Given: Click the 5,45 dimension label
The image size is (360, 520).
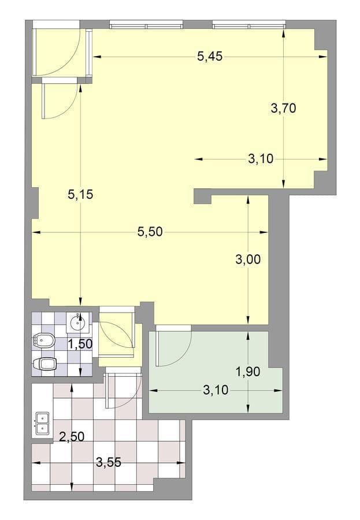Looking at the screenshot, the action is [210, 57].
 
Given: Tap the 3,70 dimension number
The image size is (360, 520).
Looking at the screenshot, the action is [283, 108].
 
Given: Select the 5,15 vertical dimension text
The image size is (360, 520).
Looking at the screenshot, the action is [80, 194].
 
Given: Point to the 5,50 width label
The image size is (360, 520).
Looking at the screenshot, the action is [150, 232].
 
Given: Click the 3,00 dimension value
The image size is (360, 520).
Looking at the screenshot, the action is [248, 259].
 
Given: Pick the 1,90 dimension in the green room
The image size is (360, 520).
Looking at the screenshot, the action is [248, 372].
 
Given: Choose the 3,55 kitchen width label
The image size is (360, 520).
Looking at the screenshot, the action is [109, 462].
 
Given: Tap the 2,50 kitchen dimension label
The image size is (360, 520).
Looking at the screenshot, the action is [72, 436].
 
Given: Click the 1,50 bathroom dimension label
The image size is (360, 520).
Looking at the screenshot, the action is [80, 344].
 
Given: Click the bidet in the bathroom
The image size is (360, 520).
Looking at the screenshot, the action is [43, 340].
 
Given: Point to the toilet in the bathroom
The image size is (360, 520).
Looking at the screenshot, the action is [44, 365].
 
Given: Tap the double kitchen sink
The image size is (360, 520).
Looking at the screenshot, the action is [42, 424].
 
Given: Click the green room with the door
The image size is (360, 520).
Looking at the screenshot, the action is [216, 372].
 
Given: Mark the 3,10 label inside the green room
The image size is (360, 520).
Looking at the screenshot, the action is [216, 391].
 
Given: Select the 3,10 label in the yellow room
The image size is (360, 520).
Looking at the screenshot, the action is [261, 159].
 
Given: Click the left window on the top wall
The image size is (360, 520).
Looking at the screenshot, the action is [146, 24].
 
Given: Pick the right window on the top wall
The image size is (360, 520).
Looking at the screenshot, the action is [249, 24].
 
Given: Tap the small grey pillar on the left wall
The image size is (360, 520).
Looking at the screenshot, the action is [35, 203].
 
